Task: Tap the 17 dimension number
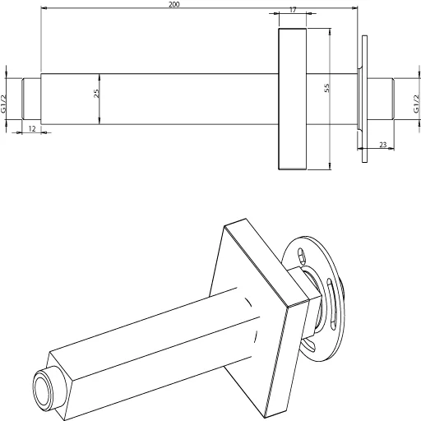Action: click(294, 11)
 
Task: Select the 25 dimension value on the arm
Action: click(96, 95)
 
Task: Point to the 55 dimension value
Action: click(326, 88)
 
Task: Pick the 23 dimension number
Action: click(383, 144)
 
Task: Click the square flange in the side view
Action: click(293, 99)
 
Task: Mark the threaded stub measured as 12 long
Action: click(31, 98)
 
